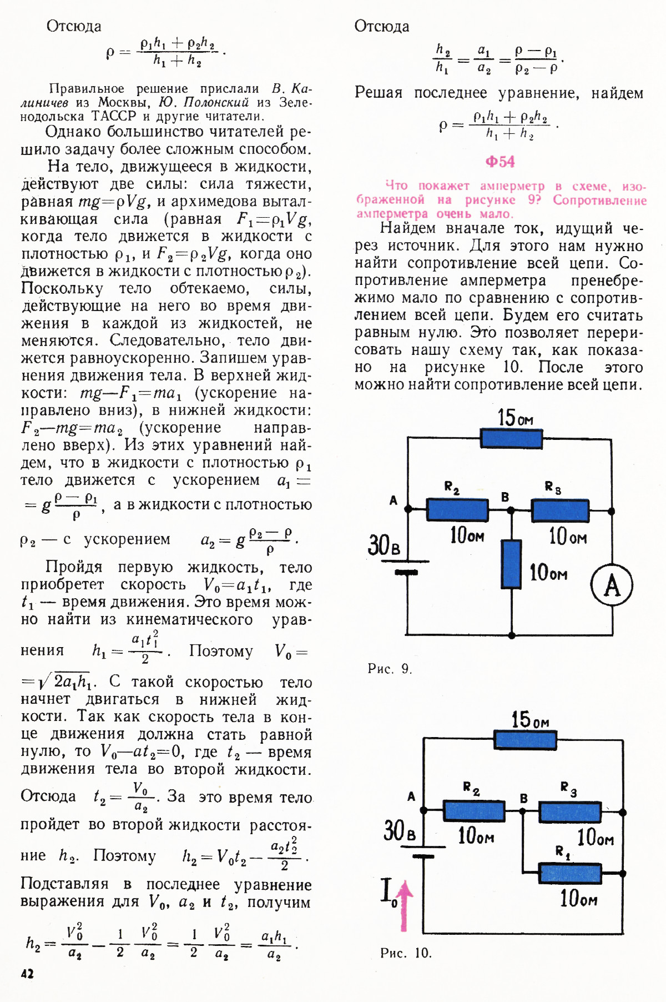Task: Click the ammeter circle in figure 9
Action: click(x=612, y=585)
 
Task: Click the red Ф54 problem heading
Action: click(x=500, y=162)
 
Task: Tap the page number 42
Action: click(x=27, y=973)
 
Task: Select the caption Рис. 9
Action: click(x=390, y=668)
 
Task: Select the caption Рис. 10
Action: click(x=406, y=953)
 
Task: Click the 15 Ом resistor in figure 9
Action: click(x=511, y=438)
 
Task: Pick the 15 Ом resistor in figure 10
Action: click(x=525, y=740)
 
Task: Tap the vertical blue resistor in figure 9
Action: click(x=511, y=564)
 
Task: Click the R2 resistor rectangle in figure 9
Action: click(x=457, y=509)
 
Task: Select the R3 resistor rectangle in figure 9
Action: click(x=560, y=510)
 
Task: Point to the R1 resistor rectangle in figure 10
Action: click(x=570, y=873)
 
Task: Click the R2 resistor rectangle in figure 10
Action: click(x=474, y=811)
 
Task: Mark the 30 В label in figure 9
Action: click(x=384, y=545)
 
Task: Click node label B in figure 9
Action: click(x=505, y=497)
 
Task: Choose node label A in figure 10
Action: click(x=411, y=796)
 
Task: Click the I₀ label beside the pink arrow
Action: click(x=389, y=892)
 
